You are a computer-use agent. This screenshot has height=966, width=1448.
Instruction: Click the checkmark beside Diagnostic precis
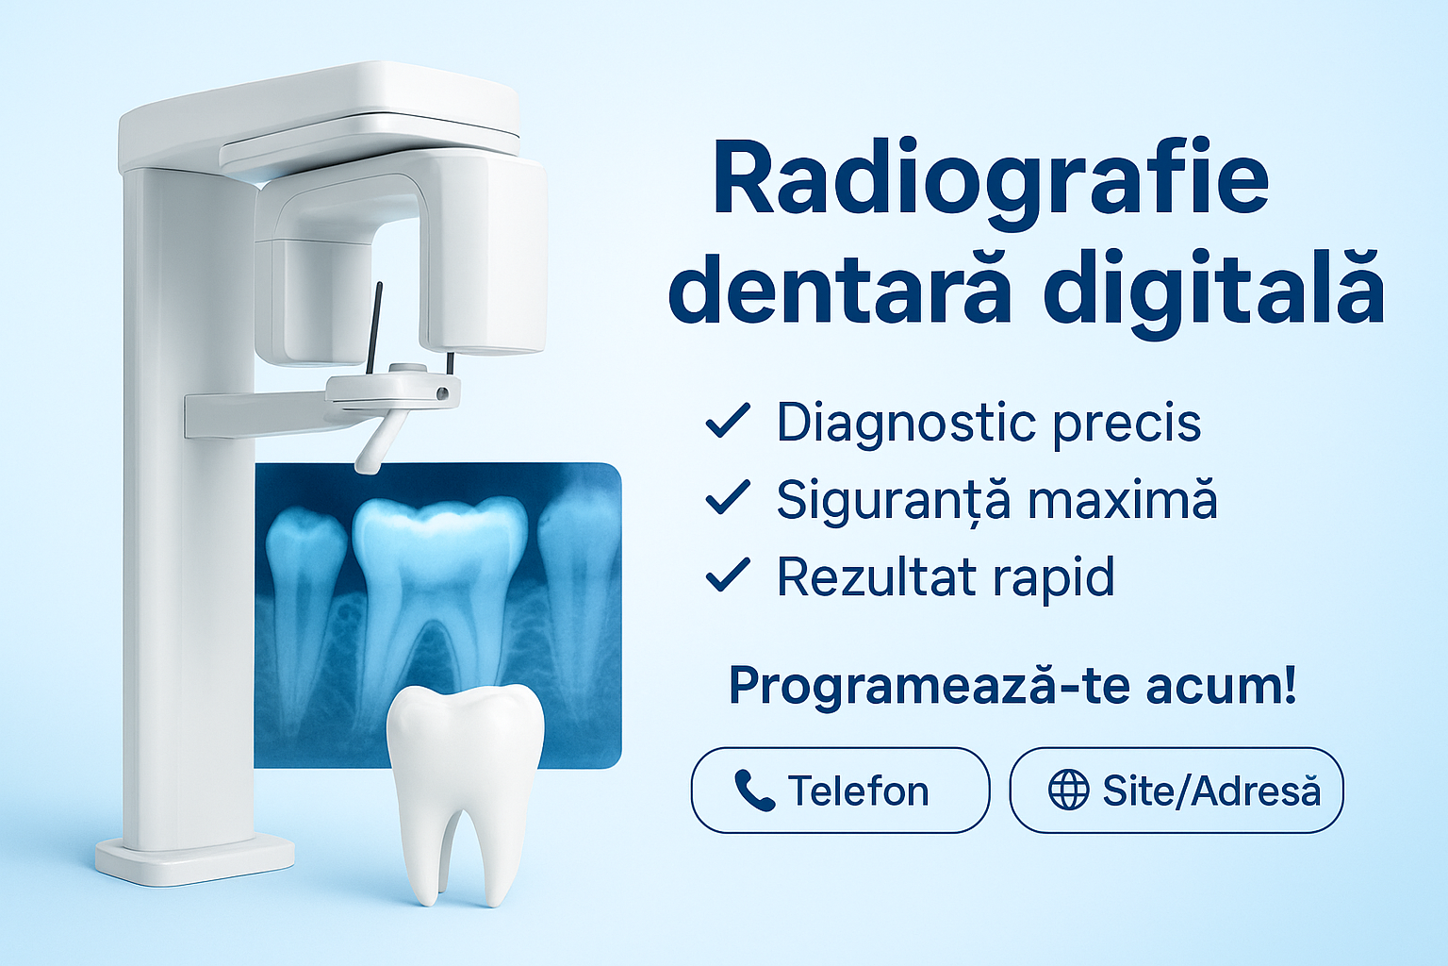tap(728, 421)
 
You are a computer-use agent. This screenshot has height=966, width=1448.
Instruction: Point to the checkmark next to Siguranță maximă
tap(728, 497)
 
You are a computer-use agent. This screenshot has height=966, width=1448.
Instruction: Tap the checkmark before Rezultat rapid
tap(728, 575)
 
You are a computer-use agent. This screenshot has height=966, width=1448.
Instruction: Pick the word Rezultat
tap(876, 575)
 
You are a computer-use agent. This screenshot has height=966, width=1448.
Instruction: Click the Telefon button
tap(840, 790)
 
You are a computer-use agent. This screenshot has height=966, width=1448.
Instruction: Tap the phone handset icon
tap(754, 791)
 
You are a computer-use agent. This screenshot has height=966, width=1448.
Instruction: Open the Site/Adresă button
tap(1176, 790)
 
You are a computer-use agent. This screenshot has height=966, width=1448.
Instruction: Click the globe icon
tap(1068, 790)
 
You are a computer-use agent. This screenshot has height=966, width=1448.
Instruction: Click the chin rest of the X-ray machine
tap(393, 392)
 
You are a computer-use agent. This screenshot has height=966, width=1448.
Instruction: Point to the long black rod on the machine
tap(374, 328)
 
